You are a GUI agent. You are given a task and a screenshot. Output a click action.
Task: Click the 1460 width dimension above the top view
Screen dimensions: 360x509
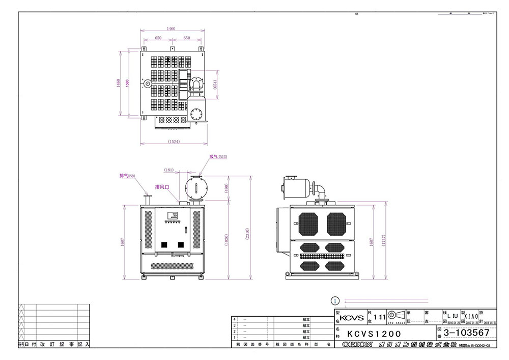click(171, 29)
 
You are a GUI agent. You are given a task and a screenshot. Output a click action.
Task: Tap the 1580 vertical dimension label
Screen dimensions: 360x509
click(127, 83)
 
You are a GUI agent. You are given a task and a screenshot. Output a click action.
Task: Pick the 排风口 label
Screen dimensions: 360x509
click(162, 187)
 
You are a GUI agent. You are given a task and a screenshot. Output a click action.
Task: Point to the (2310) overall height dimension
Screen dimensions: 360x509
click(247, 227)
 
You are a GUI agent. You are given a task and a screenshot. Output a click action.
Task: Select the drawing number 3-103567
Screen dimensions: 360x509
click(466, 333)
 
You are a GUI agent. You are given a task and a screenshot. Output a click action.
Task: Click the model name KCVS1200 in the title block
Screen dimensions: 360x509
click(374, 334)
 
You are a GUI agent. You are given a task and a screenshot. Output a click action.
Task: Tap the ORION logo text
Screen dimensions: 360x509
click(357, 345)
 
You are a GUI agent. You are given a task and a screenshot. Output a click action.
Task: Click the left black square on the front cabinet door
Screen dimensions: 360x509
click(164, 245)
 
